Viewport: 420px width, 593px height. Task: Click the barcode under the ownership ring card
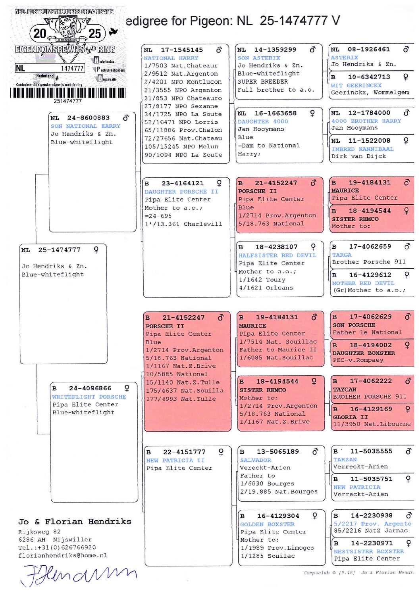point(67,93)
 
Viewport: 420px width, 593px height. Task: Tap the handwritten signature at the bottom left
point(79,574)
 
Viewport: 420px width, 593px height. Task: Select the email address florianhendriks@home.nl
point(63,555)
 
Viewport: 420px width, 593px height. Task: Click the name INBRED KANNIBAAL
point(362,149)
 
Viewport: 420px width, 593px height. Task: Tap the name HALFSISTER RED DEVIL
point(277,255)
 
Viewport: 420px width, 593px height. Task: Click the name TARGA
point(342,255)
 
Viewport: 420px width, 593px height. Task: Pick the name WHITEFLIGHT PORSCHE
point(89,397)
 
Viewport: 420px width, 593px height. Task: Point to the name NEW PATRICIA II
point(175,461)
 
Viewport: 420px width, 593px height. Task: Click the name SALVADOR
point(256,460)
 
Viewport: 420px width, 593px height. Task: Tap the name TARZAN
point(345,459)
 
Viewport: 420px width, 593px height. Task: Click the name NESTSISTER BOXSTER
point(369,551)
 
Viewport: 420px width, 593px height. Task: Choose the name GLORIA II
point(350,417)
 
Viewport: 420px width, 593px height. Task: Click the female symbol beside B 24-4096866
point(127,388)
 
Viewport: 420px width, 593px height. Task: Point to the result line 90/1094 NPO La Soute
point(183,155)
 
